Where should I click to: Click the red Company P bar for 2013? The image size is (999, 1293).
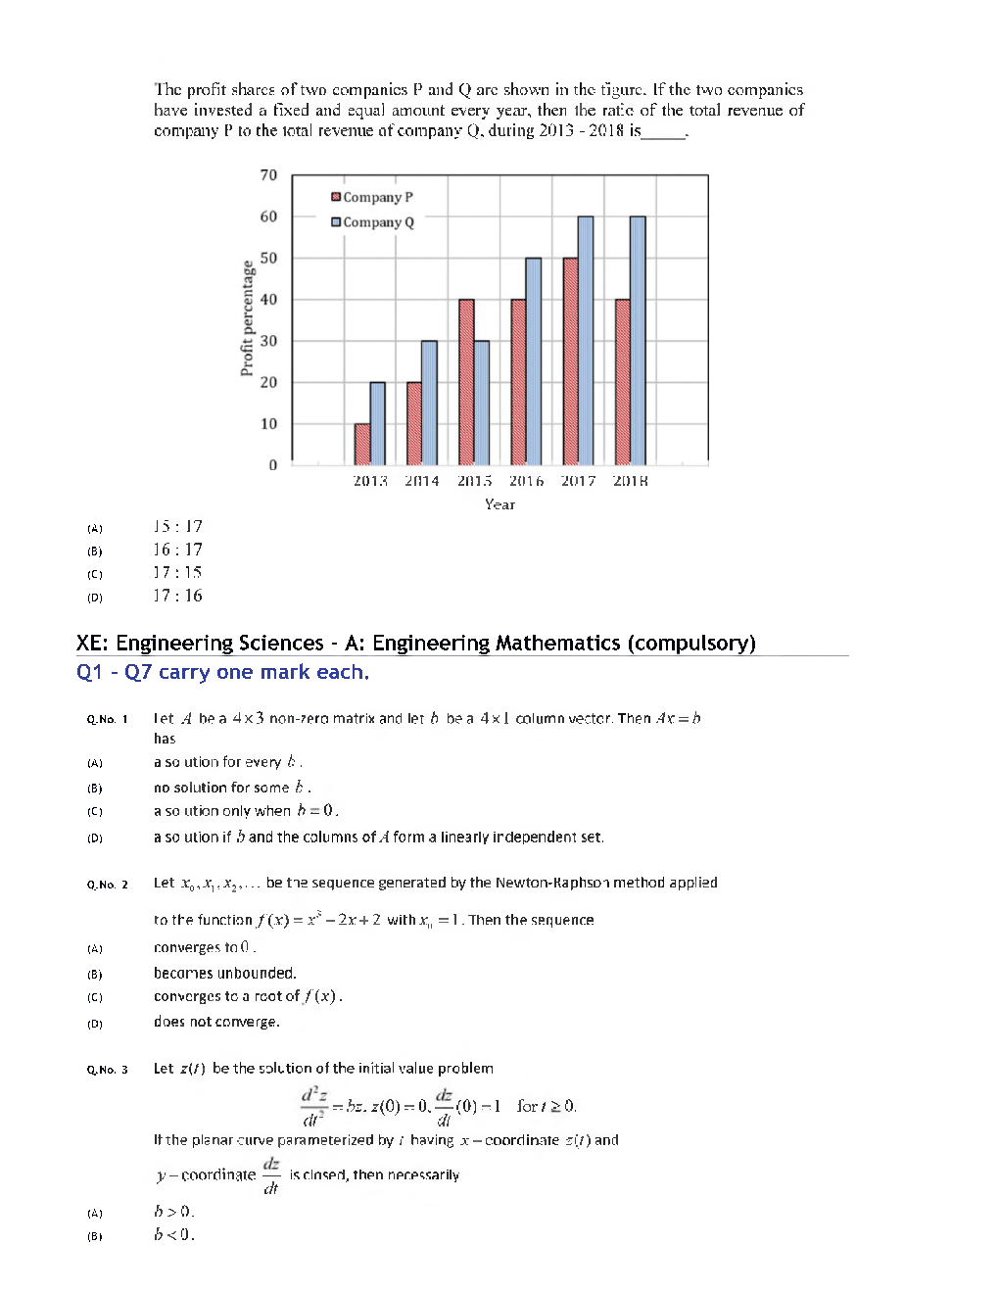coord(362,445)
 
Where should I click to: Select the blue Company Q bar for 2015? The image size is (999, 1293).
coord(482,403)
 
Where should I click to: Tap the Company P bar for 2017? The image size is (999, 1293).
coord(570,361)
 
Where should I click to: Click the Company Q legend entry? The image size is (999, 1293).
coord(372,222)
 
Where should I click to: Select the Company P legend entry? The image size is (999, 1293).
coord(372,197)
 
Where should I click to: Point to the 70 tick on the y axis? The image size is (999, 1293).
coord(268,175)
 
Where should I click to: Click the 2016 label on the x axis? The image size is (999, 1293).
coord(526,481)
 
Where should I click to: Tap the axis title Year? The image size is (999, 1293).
coord(499,504)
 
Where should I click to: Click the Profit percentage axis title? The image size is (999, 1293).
coord(247,318)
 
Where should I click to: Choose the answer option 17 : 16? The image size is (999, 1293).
coord(177,596)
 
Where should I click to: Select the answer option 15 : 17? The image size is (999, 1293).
coord(177,527)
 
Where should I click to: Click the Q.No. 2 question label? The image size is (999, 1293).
coord(107,885)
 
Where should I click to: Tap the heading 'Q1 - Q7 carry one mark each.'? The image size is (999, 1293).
coord(222,672)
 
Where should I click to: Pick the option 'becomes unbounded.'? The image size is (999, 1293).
coord(224,973)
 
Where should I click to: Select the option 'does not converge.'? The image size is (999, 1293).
coord(216,1022)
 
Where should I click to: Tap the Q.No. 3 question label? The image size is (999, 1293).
coord(107,1070)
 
